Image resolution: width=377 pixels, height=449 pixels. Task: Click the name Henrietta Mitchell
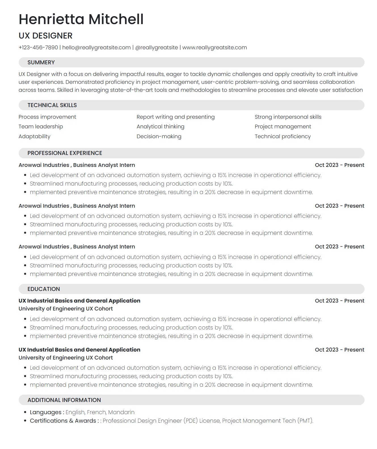click(x=81, y=19)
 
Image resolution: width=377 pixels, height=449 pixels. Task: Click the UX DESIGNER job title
click(x=46, y=36)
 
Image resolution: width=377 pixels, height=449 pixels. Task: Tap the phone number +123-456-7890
click(x=38, y=48)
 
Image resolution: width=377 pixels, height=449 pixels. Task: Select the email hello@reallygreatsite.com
click(x=96, y=48)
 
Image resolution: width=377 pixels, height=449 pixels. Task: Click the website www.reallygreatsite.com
click(x=214, y=48)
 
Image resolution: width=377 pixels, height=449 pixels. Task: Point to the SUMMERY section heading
click(x=41, y=62)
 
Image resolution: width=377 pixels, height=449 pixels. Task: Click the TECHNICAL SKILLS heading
click(x=52, y=105)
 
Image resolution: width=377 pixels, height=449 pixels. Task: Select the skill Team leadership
click(x=41, y=127)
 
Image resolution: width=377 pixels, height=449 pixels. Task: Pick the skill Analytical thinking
click(x=161, y=127)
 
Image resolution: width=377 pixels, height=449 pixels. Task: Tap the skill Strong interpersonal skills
click(x=288, y=117)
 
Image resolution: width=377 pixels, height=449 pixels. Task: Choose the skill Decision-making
click(x=159, y=137)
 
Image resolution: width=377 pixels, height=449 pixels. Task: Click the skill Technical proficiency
click(x=283, y=137)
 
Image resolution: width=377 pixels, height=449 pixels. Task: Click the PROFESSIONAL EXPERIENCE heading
click(x=65, y=153)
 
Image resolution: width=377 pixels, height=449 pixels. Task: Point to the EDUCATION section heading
click(x=44, y=289)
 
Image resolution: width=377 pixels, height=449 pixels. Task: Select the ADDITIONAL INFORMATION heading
click(x=64, y=400)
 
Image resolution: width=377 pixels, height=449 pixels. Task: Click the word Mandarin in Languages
click(x=121, y=412)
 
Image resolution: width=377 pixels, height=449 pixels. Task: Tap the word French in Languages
click(x=96, y=412)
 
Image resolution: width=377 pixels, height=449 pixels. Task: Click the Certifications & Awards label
click(x=63, y=421)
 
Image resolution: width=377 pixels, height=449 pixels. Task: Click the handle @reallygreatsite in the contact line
click(x=157, y=48)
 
